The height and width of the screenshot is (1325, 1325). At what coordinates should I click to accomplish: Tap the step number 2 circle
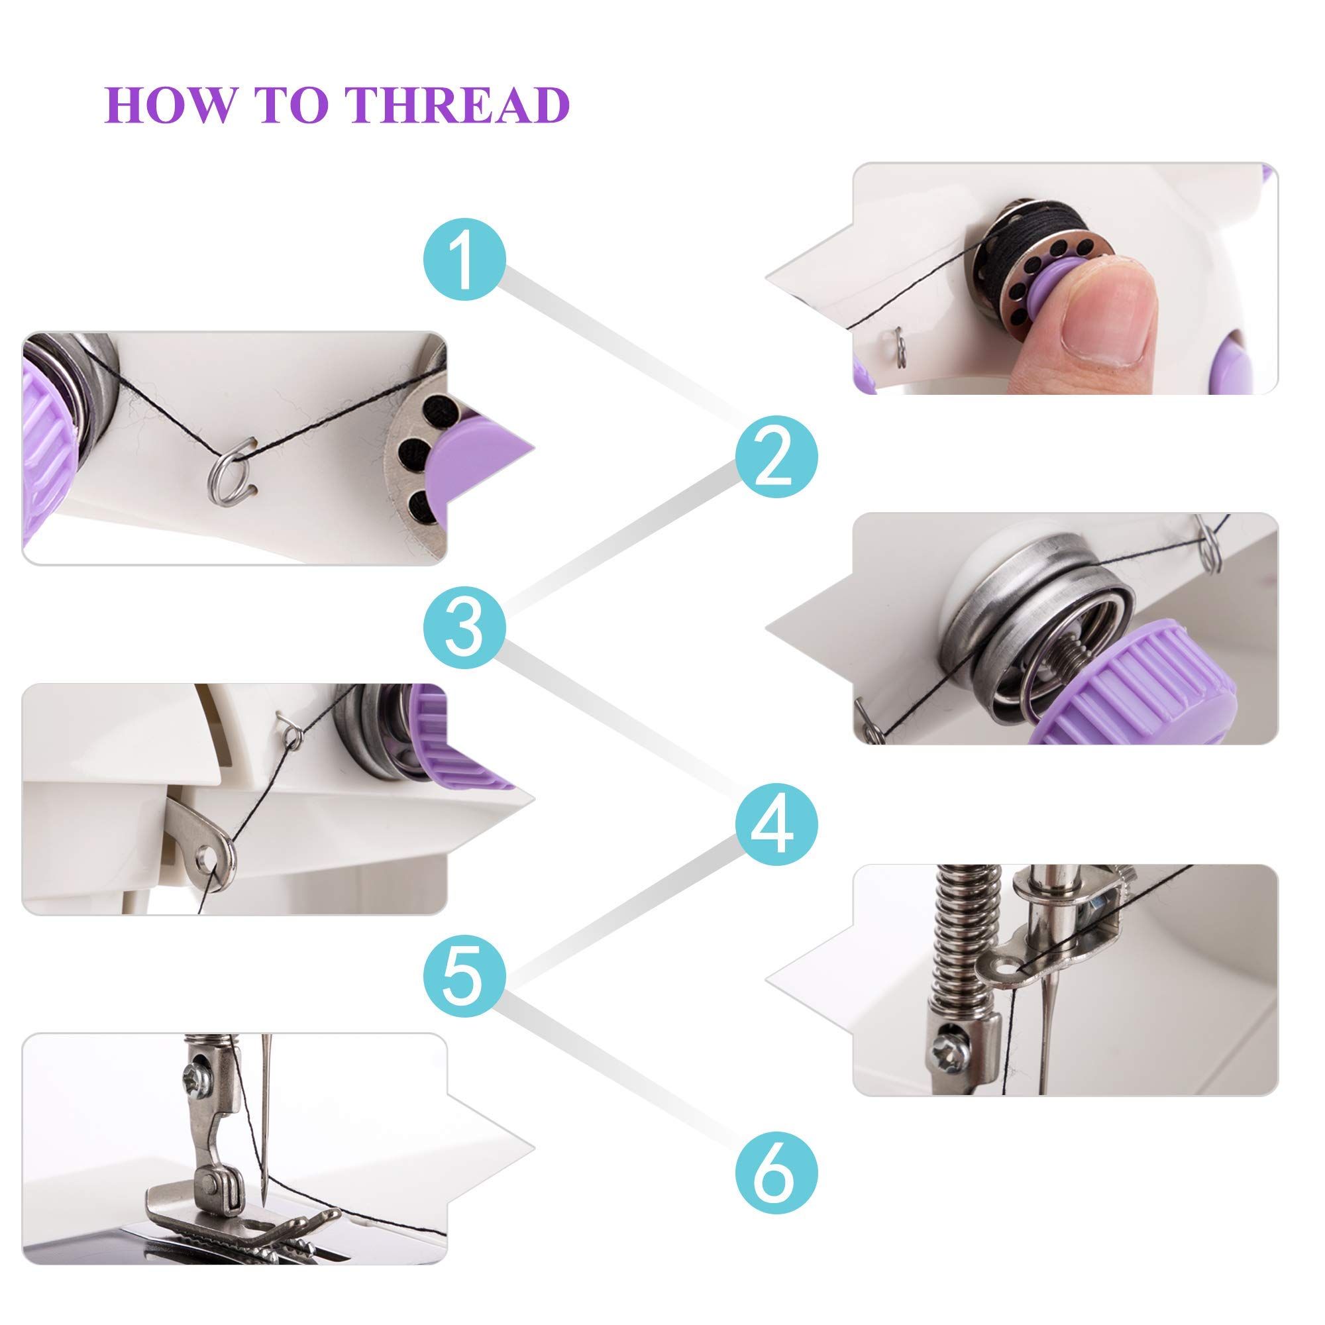776,456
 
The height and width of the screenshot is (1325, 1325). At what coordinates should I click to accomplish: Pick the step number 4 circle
776,823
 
